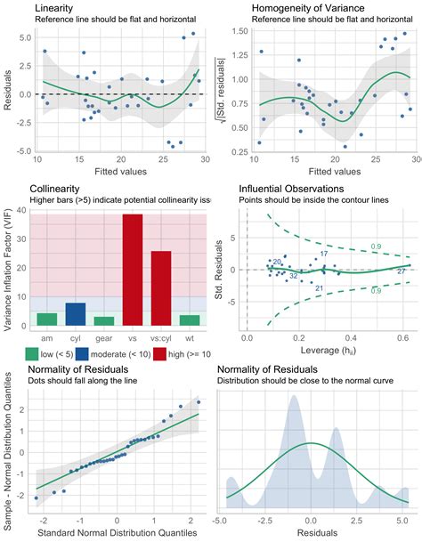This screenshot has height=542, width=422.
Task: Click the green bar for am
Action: [47, 319]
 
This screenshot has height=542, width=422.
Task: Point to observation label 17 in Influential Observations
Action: [324, 254]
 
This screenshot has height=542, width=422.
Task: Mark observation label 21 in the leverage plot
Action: [319, 287]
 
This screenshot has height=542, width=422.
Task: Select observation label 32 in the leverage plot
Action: [293, 276]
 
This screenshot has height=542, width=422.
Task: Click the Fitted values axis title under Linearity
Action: [118, 170]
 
